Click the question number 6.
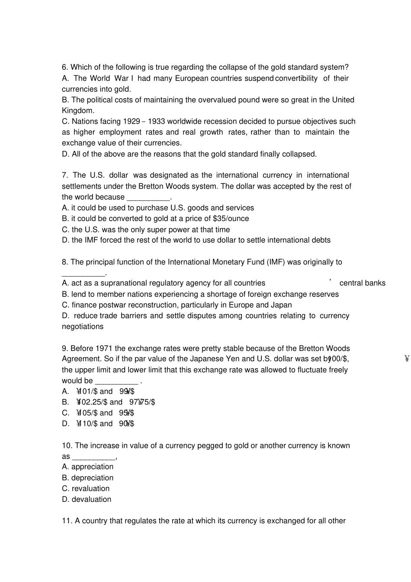pos(65,67)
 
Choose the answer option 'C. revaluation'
pos(86,489)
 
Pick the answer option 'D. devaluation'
pos(87,499)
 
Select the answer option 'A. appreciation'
pos(87,467)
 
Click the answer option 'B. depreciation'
pos(87,478)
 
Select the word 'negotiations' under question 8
pos(83,327)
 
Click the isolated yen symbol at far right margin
pos(407,358)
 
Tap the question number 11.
pos(67,521)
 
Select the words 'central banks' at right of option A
pos(362,283)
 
